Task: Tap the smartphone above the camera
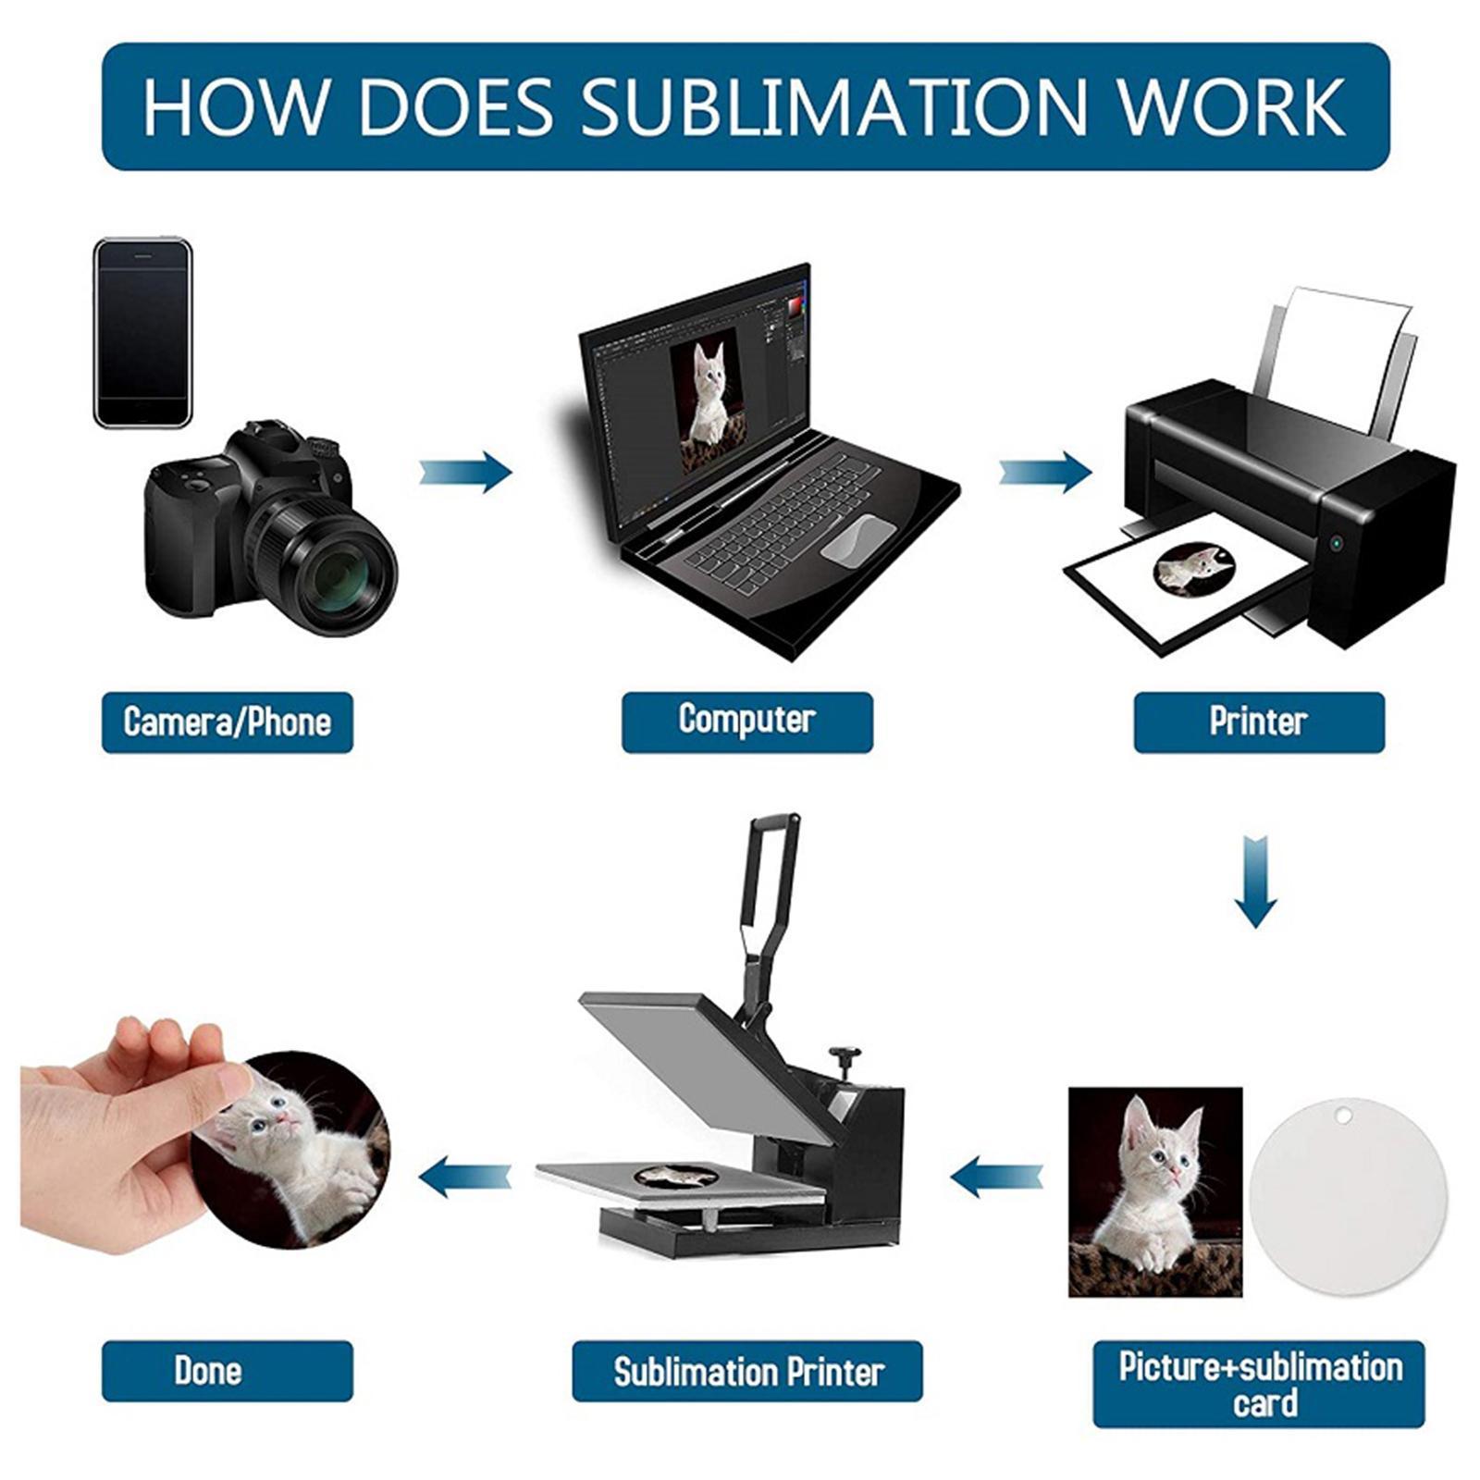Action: pyautogui.click(x=142, y=333)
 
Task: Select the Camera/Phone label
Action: pyautogui.click(x=227, y=722)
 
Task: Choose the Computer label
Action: pyautogui.click(x=746, y=721)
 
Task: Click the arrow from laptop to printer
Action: pyautogui.click(x=1045, y=472)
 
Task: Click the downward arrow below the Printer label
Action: pyautogui.click(x=1255, y=880)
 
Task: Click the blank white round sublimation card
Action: pyautogui.click(x=1348, y=1195)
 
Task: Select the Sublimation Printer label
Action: pyautogui.click(x=747, y=1371)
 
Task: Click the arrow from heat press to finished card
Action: pyautogui.click(x=465, y=1178)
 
